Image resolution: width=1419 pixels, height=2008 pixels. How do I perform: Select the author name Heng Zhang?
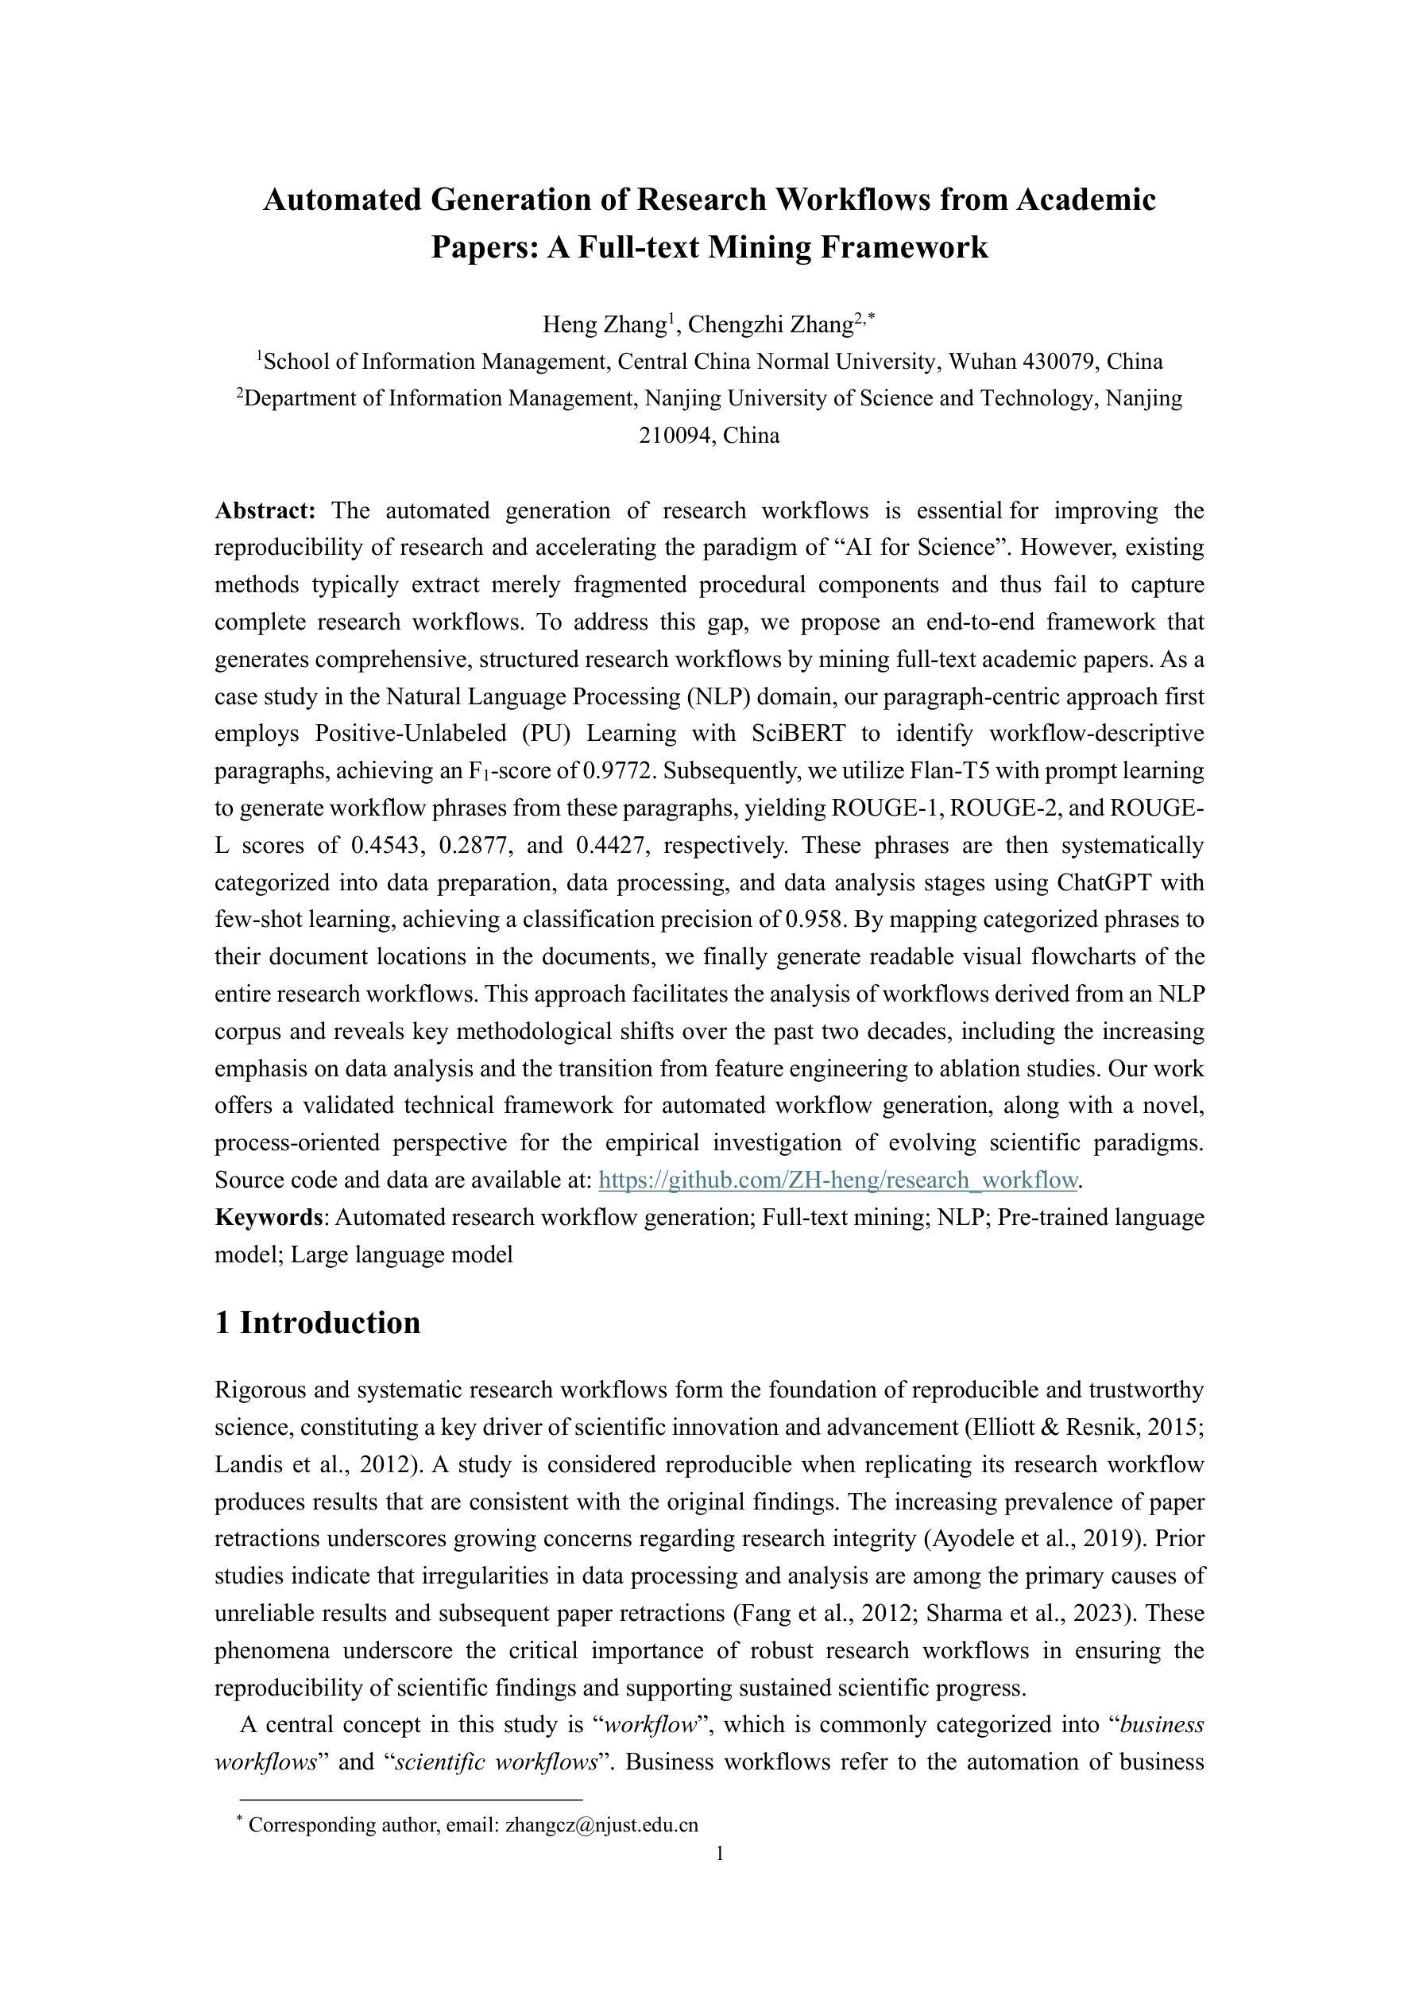pos(604,325)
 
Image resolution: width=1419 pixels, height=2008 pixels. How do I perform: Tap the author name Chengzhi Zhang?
pos(769,325)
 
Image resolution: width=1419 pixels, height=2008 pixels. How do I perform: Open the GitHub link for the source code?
pos(837,1180)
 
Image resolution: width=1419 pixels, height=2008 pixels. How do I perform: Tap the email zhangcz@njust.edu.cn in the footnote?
pos(601,1825)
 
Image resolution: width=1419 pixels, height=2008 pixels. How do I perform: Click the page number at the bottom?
pos(720,1854)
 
